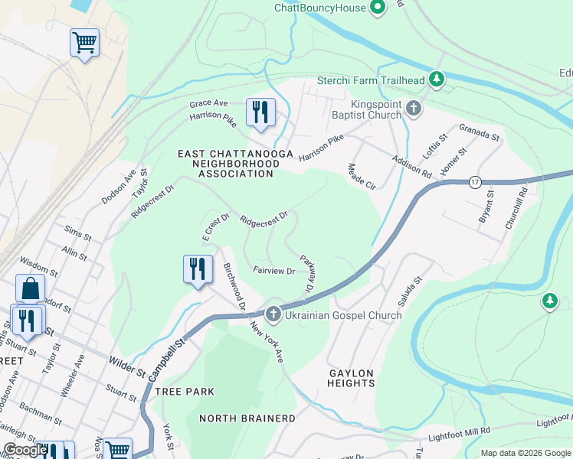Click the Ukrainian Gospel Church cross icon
(x=273, y=314)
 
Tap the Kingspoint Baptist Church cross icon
(x=414, y=108)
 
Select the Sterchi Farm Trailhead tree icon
(x=437, y=79)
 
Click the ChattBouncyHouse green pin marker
(x=377, y=8)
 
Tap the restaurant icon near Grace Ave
(x=260, y=113)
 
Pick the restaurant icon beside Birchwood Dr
(x=198, y=269)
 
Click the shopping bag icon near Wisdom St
(x=30, y=290)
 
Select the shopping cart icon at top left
(x=84, y=43)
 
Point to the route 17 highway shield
(x=475, y=181)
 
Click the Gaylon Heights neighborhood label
(x=352, y=378)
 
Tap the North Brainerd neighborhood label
(x=247, y=418)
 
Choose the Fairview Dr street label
(x=274, y=271)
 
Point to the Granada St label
(x=479, y=133)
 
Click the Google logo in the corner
(x=25, y=451)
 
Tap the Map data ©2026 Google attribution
(x=525, y=453)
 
